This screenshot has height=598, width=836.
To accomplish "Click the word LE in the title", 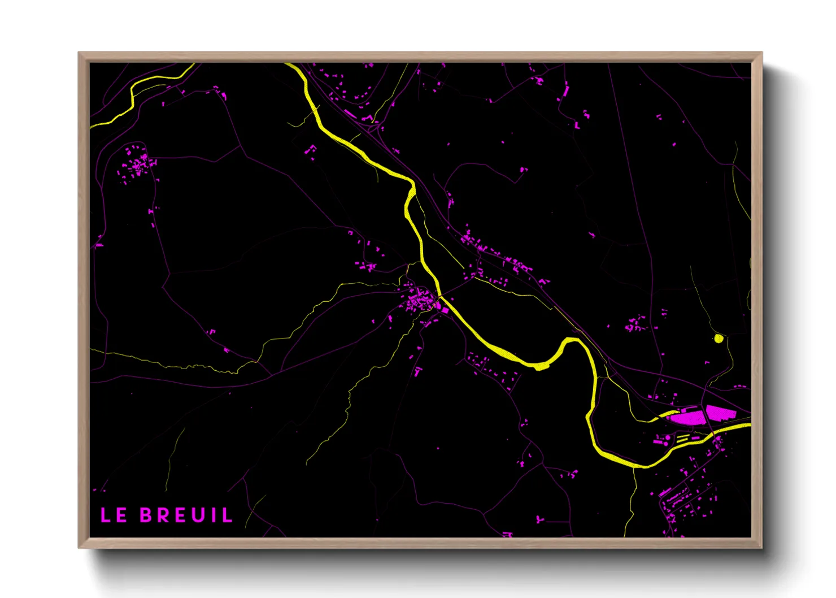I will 113,515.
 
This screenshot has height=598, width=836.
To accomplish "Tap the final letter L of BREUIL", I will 227,515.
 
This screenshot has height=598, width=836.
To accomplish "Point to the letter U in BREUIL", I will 197,515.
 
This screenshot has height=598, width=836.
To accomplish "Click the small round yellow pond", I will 719,339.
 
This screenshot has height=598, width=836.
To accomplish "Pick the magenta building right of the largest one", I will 719,413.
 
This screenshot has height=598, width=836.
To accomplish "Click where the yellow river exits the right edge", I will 748,426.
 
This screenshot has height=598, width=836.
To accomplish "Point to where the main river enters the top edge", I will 289,64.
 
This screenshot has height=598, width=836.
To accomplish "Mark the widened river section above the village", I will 410,202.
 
